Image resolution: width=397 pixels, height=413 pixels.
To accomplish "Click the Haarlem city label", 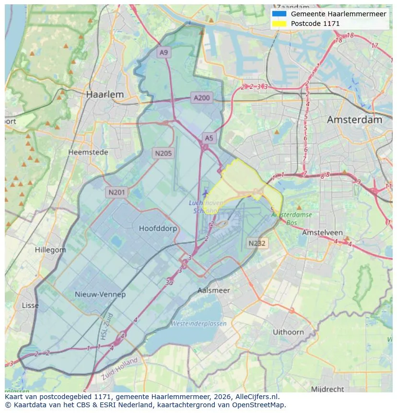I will pos(105,94).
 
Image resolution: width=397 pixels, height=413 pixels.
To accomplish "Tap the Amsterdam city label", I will pos(354,120).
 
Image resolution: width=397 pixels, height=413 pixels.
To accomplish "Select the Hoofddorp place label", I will pos(158,228).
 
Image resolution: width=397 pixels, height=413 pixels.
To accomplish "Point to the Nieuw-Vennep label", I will pos(100,295).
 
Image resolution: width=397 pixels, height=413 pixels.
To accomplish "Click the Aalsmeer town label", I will pos(214,290).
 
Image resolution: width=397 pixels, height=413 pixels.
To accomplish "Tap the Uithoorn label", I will pos(288,332).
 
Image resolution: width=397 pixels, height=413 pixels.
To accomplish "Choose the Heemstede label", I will pos(88,152).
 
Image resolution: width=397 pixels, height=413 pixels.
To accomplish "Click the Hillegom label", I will pos(50,250).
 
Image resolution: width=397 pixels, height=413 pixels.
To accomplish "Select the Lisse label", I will pos(30,306).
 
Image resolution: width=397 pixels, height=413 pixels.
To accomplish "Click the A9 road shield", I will pos(164,52).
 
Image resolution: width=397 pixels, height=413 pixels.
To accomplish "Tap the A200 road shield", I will pos(201,98).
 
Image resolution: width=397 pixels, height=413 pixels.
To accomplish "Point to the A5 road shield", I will pos(209,138).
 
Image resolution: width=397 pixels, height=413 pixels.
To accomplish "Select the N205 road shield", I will pos(163,153).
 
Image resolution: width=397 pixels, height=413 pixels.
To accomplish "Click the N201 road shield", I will pos(117,192).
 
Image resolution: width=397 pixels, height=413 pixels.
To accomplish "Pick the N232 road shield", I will pos(257,243).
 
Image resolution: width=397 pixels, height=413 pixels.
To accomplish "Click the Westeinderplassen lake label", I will pos(198,324).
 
